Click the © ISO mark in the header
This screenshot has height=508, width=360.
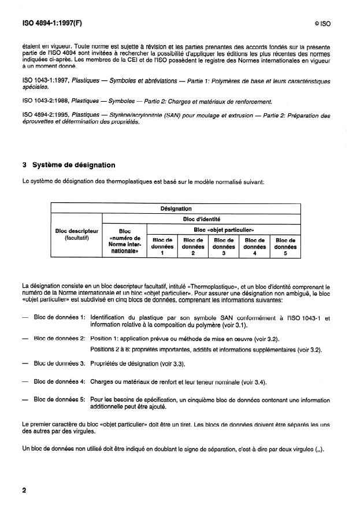point(322,25)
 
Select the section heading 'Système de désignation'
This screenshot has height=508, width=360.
point(73,165)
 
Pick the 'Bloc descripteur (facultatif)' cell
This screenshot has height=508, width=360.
point(76,234)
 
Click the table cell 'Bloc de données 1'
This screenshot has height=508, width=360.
point(162,246)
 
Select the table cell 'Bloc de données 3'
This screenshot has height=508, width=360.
point(224,246)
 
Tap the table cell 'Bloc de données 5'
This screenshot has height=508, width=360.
point(285,246)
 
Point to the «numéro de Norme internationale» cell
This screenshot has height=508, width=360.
point(124,244)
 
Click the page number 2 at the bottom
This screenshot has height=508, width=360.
point(24,491)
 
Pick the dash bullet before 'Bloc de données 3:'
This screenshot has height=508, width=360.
point(25,363)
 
